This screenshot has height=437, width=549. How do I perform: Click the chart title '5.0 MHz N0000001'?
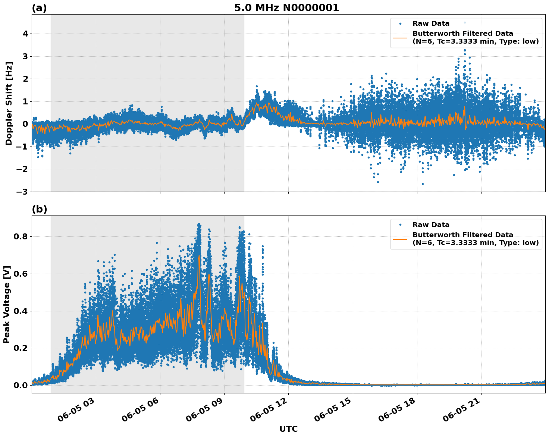(286, 8)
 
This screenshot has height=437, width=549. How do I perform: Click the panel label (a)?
(39, 8)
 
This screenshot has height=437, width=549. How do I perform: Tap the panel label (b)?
(39, 209)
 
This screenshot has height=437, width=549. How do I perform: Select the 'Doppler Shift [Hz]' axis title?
(9, 103)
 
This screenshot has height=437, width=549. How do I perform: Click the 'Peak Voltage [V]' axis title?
(7, 304)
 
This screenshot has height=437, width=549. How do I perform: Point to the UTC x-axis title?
(288, 429)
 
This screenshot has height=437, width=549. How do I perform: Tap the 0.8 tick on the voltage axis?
(21, 236)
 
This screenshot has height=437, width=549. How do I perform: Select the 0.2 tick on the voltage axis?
(21, 348)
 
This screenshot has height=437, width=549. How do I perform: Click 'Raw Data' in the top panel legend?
(431, 23)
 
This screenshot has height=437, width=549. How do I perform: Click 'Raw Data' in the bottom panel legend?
(431, 225)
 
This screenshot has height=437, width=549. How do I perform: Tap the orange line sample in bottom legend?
(400, 239)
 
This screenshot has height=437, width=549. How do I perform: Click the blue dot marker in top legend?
(400, 23)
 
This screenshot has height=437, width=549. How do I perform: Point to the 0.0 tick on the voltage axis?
(21, 385)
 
